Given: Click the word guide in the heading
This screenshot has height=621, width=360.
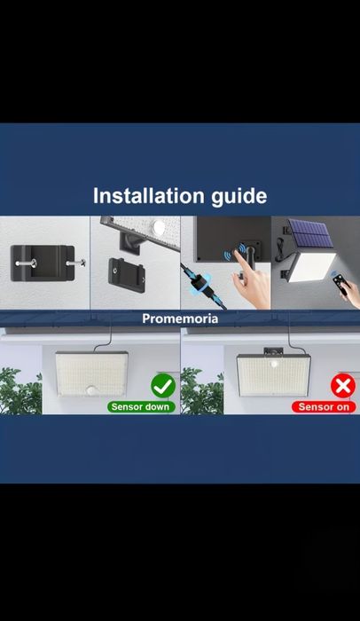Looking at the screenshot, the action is [239, 197].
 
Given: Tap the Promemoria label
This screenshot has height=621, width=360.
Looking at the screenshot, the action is [180, 318].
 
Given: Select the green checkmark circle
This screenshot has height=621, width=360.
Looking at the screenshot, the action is [163, 386].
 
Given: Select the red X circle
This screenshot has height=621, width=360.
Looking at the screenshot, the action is [343, 386].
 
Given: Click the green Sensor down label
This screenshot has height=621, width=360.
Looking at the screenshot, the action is [141, 406].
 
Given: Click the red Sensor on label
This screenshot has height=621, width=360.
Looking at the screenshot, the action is [324, 406].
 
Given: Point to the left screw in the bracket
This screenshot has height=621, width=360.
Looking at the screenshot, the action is [27, 263].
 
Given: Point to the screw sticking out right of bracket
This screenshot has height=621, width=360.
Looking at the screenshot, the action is [76, 263].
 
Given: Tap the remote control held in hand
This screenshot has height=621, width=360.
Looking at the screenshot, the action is [340, 283].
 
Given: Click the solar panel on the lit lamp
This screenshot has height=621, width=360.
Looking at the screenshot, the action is [310, 232].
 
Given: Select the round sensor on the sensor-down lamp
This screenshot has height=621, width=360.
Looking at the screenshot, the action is [92, 390].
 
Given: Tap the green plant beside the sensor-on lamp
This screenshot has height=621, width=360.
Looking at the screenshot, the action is [202, 390].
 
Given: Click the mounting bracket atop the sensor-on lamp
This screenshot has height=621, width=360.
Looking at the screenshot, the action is [274, 351].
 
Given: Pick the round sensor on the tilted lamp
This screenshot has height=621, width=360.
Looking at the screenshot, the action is [159, 227].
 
